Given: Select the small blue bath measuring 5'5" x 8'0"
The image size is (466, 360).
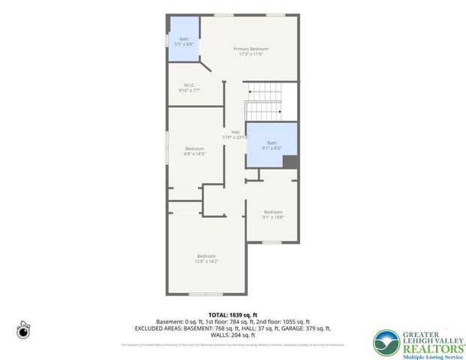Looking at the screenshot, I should [x=184, y=41].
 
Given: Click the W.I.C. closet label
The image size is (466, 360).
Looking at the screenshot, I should [x=189, y=85].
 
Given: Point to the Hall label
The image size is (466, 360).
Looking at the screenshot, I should [x=235, y=132].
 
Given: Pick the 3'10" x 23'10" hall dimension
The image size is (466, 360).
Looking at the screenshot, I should [x=235, y=137].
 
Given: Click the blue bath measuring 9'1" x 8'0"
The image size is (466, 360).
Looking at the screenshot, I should [x=272, y=145].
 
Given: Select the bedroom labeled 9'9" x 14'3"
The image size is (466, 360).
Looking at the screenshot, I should [x=194, y=151].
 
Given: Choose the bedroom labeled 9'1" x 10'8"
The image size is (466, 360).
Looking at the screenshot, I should [x=272, y=214].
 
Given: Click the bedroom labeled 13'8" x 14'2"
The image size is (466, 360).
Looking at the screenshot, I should [x=206, y=259].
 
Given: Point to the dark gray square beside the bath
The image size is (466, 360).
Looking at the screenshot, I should [x=291, y=162].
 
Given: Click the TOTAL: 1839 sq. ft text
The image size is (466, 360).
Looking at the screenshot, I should [x=233, y=315].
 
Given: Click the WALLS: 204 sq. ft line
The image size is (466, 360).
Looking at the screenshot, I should [x=233, y=334].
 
